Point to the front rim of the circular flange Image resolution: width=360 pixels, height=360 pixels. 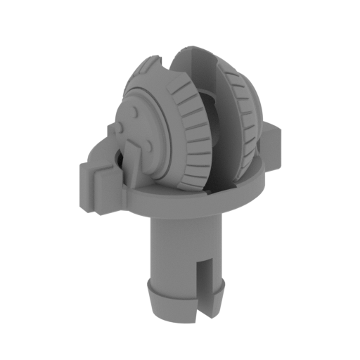[190, 209]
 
